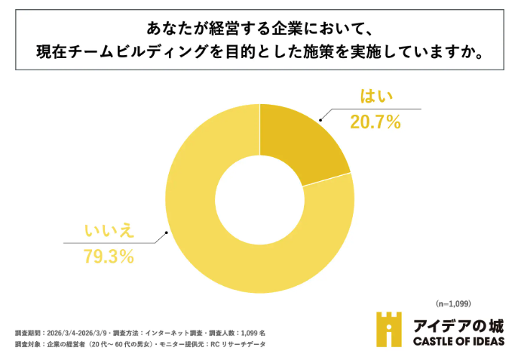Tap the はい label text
pyautogui.click(x=374, y=97)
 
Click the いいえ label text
pyautogui.click(x=109, y=229)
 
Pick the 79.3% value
pyautogui.click(x=109, y=256)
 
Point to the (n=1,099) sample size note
pyautogui.click(x=453, y=303)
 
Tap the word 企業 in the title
pyautogui.click(x=263, y=29)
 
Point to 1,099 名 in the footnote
pyautogui.click(x=252, y=332)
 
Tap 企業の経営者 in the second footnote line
pyautogui.click(x=65, y=344)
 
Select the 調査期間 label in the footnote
pyautogui.click(x=27, y=332)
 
